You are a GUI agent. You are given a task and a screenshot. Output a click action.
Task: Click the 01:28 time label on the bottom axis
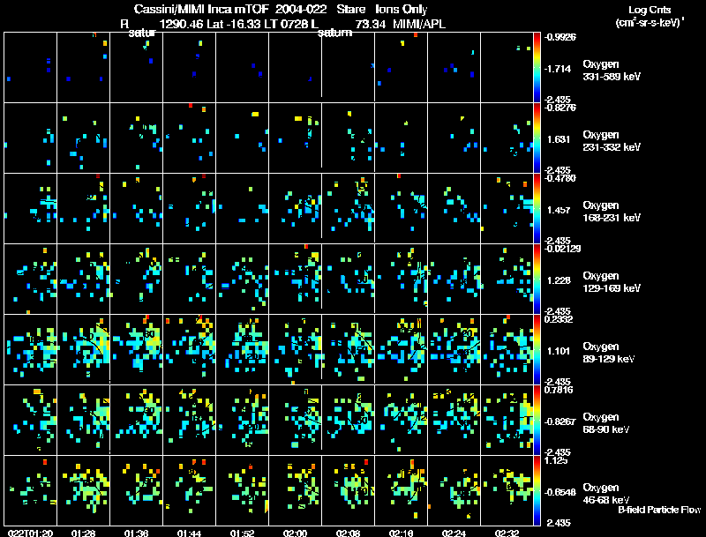(x=84, y=533)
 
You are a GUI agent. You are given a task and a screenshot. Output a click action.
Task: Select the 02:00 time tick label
(x=295, y=533)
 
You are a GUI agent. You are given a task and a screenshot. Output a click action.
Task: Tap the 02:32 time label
(x=507, y=533)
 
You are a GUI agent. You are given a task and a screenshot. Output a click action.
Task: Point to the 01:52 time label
(x=242, y=533)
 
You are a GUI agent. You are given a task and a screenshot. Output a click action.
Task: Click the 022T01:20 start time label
(x=29, y=533)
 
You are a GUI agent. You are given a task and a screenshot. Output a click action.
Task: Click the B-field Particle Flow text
(x=659, y=510)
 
